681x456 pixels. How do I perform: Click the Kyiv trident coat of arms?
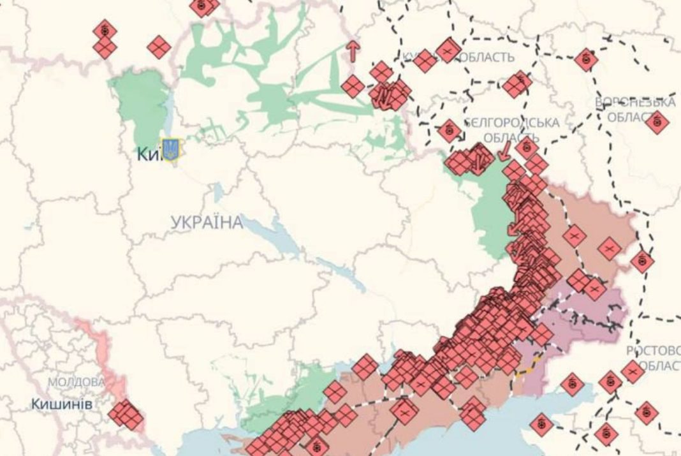[x=170, y=150]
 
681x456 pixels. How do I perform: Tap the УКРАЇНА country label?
[x=207, y=223]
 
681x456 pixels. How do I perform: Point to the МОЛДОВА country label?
[x=77, y=382]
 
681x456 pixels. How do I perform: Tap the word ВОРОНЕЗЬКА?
[x=634, y=103]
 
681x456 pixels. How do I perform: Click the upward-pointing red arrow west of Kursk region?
[x=352, y=51]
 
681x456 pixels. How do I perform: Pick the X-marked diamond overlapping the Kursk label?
[x=448, y=50]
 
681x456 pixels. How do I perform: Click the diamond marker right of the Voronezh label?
[x=657, y=121]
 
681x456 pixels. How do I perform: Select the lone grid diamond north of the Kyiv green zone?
[x=159, y=47]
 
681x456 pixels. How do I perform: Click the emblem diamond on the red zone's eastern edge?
[x=642, y=260]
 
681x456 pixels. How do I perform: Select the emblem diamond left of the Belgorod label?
[x=450, y=131]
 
